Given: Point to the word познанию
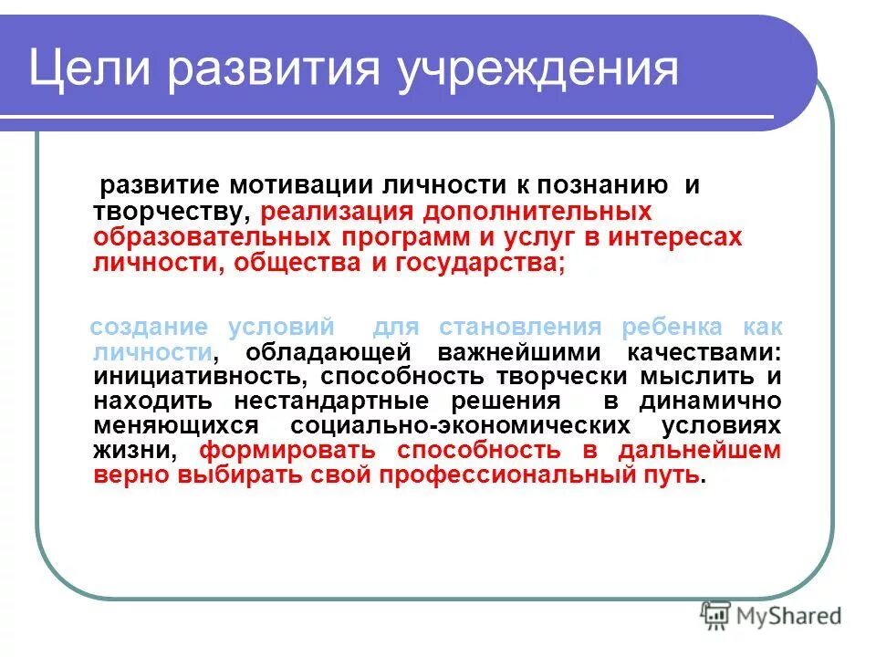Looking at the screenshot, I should (x=594, y=185).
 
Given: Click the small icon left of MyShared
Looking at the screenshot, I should (x=715, y=616).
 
